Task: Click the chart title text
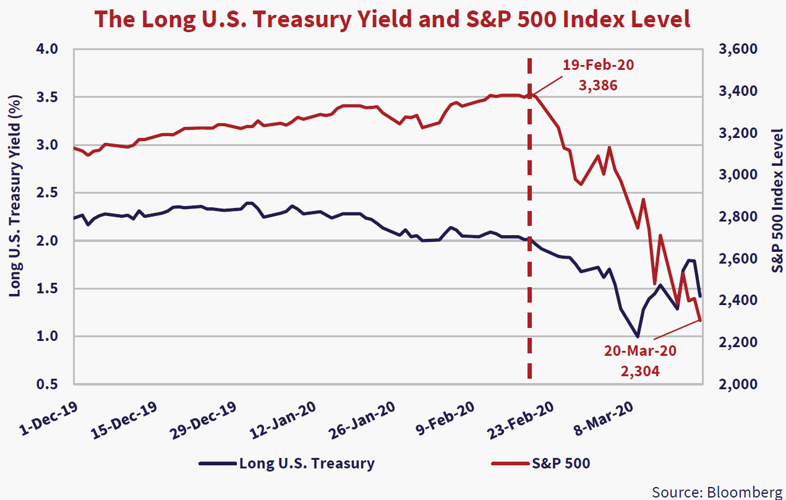click(x=393, y=19)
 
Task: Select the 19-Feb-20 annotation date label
click(x=598, y=65)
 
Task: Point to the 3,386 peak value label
click(x=598, y=85)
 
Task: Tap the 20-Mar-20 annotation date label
click(x=640, y=351)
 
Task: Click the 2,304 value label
click(x=640, y=371)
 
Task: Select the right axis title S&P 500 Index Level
click(x=777, y=200)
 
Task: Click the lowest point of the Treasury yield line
click(x=638, y=336)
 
